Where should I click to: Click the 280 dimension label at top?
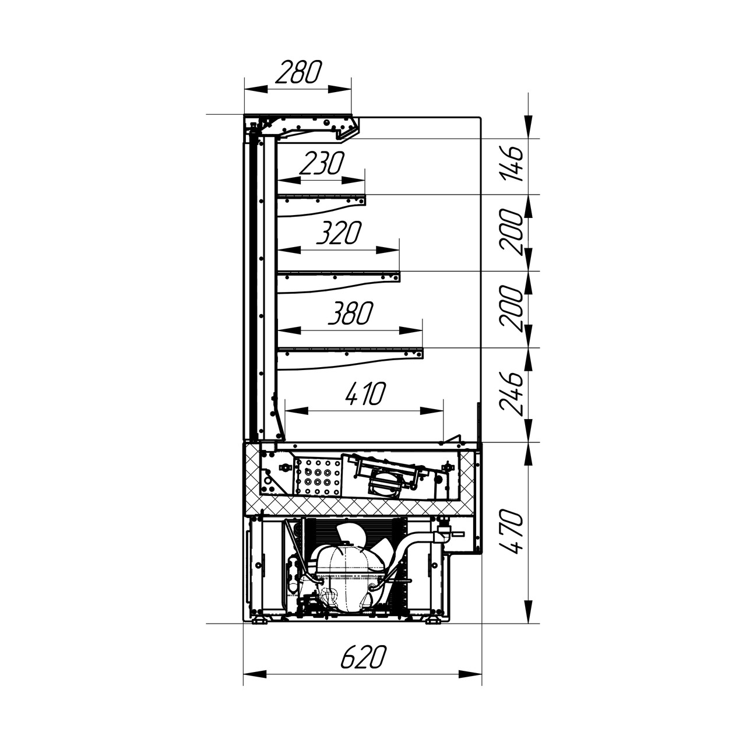[x=298, y=72]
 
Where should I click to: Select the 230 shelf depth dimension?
[x=322, y=163]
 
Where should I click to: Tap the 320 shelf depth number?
[x=339, y=233]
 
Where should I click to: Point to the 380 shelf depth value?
[x=350, y=313]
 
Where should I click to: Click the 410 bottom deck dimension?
[x=365, y=393]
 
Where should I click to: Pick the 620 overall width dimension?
[x=364, y=657]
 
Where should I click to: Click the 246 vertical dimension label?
[x=511, y=393]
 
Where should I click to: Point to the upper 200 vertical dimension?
[x=511, y=231]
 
